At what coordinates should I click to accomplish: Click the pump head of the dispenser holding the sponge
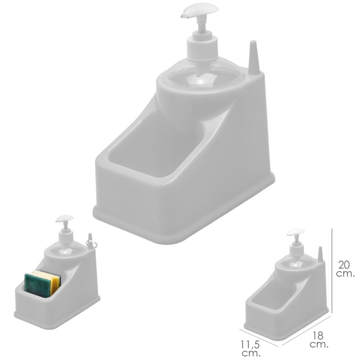(64, 219)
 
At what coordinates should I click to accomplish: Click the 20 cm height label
(345, 269)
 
